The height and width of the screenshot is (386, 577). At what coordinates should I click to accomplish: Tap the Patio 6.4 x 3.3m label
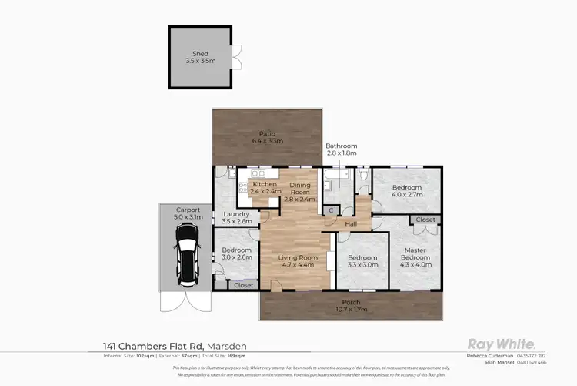[x=267, y=138]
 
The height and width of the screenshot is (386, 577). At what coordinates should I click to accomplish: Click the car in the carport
[x=186, y=262]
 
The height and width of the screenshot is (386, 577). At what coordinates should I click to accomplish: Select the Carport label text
[x=188, y=213]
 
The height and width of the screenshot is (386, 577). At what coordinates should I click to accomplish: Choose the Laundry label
[x=236, y=218]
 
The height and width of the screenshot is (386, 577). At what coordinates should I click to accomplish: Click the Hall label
[x=351, y=224]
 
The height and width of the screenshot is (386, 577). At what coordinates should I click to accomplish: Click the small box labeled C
[x=331, y=210]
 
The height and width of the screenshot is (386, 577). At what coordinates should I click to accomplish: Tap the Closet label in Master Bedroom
[x=425, y=220]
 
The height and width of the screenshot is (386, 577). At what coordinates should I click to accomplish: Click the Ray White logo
[x=502, y=344]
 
